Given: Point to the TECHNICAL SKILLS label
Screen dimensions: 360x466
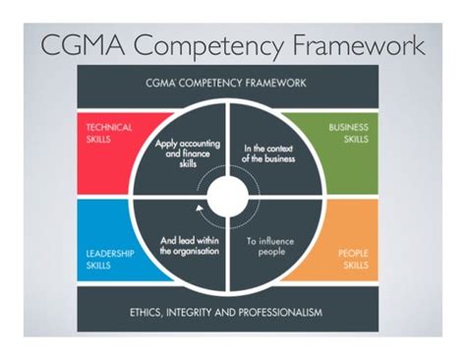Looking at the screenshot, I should [102, 135].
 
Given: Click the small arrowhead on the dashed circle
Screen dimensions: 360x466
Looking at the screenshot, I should [201, 208].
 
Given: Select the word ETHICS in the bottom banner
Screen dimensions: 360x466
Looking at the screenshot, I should [150, 313].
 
